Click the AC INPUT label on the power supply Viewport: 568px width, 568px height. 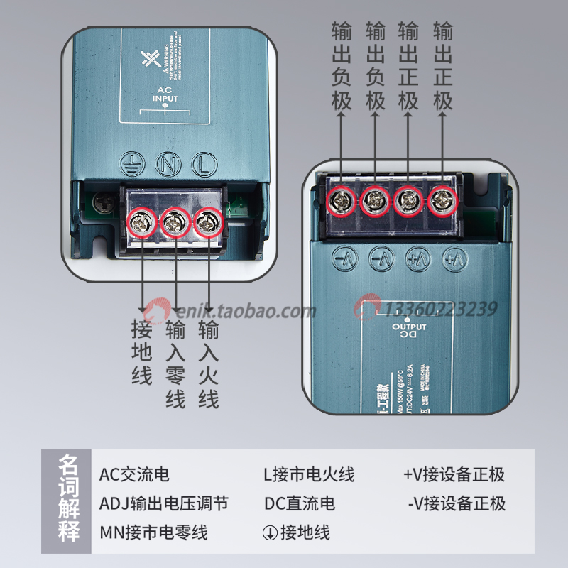165,94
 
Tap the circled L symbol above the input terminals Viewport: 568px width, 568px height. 203,164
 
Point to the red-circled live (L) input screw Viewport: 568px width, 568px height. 207,223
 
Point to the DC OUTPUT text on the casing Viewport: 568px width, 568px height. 409,332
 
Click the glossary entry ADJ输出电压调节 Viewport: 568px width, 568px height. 164,504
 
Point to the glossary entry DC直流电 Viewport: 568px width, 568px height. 300,504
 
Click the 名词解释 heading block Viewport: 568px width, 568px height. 69,501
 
